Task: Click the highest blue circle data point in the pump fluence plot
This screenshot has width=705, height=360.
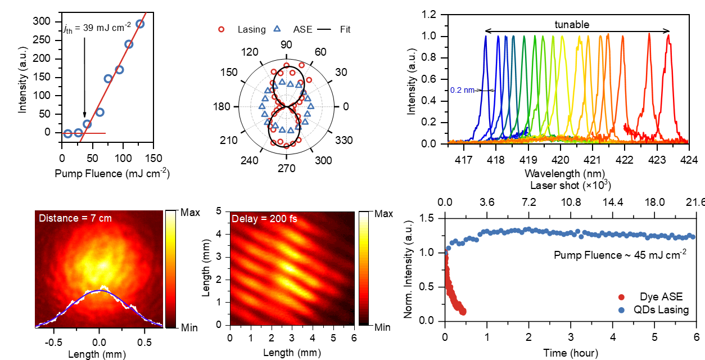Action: pos(140,24)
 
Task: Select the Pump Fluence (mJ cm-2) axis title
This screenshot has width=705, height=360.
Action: pos(112,173)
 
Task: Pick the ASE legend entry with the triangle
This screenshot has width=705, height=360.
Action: pos(299,29)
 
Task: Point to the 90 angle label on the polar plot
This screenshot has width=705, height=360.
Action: pos(286,46)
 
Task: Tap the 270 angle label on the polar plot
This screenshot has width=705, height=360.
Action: pos(286,168)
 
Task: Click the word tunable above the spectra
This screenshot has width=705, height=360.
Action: pos(572,25)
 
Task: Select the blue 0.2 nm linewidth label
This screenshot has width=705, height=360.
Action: pos(463,90)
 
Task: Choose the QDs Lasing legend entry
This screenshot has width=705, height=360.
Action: pos(660,309)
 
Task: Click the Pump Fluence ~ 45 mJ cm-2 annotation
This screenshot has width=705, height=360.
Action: pos(620,255)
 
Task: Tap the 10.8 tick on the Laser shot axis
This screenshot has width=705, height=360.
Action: pos(571,201)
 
